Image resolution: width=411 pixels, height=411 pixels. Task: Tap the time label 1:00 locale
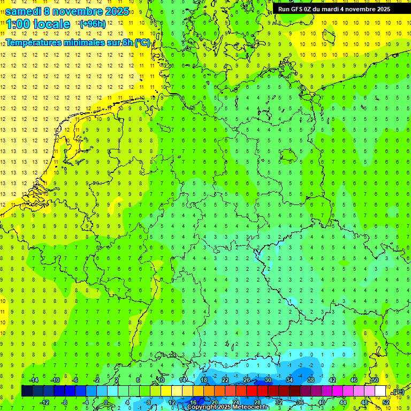38,24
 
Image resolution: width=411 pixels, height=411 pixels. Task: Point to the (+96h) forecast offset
93,24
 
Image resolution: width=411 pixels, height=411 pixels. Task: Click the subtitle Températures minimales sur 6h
78,43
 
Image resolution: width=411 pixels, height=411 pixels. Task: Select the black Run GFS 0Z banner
341,9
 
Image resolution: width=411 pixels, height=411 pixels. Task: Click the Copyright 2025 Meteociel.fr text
227,407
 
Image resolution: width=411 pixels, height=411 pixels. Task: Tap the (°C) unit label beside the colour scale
398,392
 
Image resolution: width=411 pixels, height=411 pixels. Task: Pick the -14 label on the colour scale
33,380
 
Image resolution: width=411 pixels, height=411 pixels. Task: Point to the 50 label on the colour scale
375,380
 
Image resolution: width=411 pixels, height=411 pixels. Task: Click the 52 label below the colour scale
385,402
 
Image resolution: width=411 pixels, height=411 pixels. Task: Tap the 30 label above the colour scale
268,380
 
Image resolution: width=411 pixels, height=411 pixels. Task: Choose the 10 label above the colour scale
161,380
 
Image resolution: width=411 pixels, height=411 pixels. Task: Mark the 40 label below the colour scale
321,402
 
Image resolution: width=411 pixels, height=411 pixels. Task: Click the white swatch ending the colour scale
380,391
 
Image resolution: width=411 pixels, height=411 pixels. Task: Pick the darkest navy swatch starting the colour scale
27,391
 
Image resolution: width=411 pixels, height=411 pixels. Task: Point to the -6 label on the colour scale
75,380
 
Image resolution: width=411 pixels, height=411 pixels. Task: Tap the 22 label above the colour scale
225,380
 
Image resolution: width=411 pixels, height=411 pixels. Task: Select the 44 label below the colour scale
342,402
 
